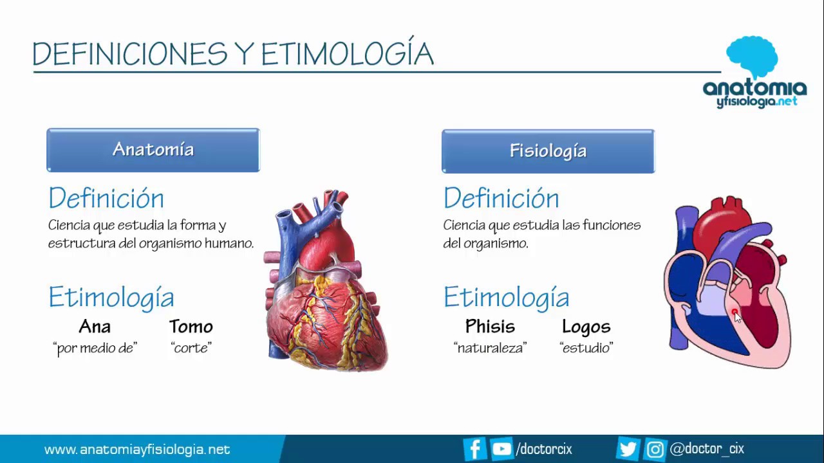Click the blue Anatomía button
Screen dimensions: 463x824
[153, 150]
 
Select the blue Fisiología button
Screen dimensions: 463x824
[548, 151]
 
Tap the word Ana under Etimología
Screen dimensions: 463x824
[95, 327]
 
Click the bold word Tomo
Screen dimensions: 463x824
[191, 327]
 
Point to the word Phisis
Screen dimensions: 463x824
[490, 327]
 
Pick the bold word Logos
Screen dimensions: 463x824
[586, 327]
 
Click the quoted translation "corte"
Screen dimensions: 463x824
[191, 349]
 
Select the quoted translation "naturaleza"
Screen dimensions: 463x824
[490, 349]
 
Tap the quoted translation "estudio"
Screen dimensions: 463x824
[586, 349]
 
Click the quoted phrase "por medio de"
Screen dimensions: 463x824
[95, 349]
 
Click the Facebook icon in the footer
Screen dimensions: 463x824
[474, 449]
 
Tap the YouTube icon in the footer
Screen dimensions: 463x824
[501, 449]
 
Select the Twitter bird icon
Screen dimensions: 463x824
[627, 449]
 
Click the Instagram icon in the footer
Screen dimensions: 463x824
[655, 449]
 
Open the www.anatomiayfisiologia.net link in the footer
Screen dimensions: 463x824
[137, 449]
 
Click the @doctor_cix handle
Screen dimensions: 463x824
[707, 449]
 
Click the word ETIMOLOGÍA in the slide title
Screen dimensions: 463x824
[347, 54]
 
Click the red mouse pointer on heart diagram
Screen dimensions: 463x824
[735, 313]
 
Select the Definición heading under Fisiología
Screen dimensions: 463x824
[501, 198]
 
